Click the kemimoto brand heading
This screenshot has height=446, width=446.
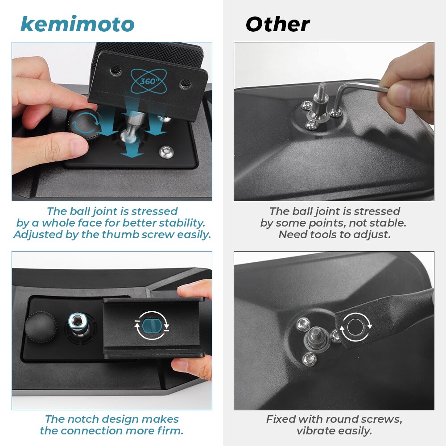[77, 24]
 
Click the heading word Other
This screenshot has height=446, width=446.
[277, 24]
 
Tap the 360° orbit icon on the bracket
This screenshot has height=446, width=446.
[149, 81]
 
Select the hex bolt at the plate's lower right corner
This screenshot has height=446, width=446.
[166, 152]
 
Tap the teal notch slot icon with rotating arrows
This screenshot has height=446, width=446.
[152, 326]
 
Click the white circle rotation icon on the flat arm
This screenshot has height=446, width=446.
[355, 327]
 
